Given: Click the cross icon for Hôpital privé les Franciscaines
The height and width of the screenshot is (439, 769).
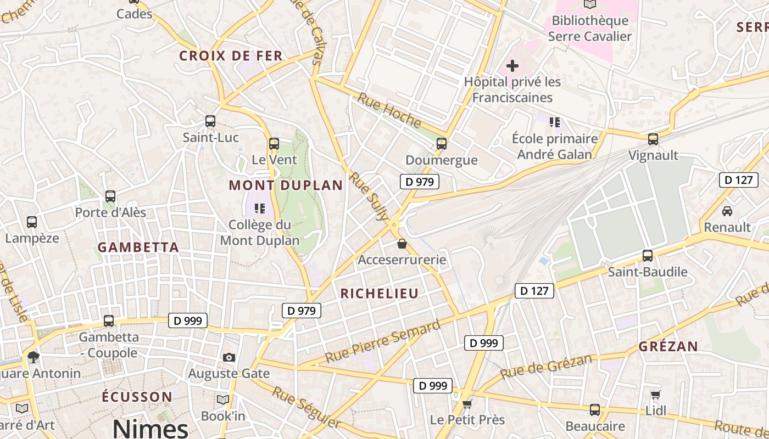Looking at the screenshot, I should click(x=512, y=66).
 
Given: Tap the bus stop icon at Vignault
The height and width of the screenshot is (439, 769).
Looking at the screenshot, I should click(x=653, y=139).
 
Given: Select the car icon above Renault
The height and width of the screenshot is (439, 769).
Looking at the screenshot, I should click(x=727, y=211).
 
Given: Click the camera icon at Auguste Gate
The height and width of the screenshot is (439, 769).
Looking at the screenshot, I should click(x=229, y=358).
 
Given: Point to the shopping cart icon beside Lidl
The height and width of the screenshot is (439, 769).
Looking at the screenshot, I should click(x=655, y=395).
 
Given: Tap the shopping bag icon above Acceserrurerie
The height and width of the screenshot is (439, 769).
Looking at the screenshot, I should click(x=402, y=244).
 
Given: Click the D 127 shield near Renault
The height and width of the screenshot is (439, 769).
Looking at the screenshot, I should click(x=738, y=180).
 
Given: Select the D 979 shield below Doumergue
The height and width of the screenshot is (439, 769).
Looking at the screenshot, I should click(x=420, y=182).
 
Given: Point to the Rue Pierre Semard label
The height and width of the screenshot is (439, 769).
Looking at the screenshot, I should click(x=382, y=342).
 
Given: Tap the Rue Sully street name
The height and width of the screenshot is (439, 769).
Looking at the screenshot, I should click(x=369, y=196).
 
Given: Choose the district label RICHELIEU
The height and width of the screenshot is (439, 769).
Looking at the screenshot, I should click(x=380, y=294).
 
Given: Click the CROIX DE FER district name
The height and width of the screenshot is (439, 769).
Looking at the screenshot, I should click(x=231, y=55).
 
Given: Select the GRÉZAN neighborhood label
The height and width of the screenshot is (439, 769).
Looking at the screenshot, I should click(x=668, y=347).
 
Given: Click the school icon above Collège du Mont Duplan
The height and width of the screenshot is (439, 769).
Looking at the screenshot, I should click(x=260, y=209).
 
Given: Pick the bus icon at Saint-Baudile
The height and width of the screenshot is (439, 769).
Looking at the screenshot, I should click(x=648, y=256).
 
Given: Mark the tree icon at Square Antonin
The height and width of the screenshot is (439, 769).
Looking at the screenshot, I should click(x=34, y=357).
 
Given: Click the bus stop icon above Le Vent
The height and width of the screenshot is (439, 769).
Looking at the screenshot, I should click(x=274, y=144).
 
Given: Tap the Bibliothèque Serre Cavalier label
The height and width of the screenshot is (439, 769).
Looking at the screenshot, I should click(x=590, y=29).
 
